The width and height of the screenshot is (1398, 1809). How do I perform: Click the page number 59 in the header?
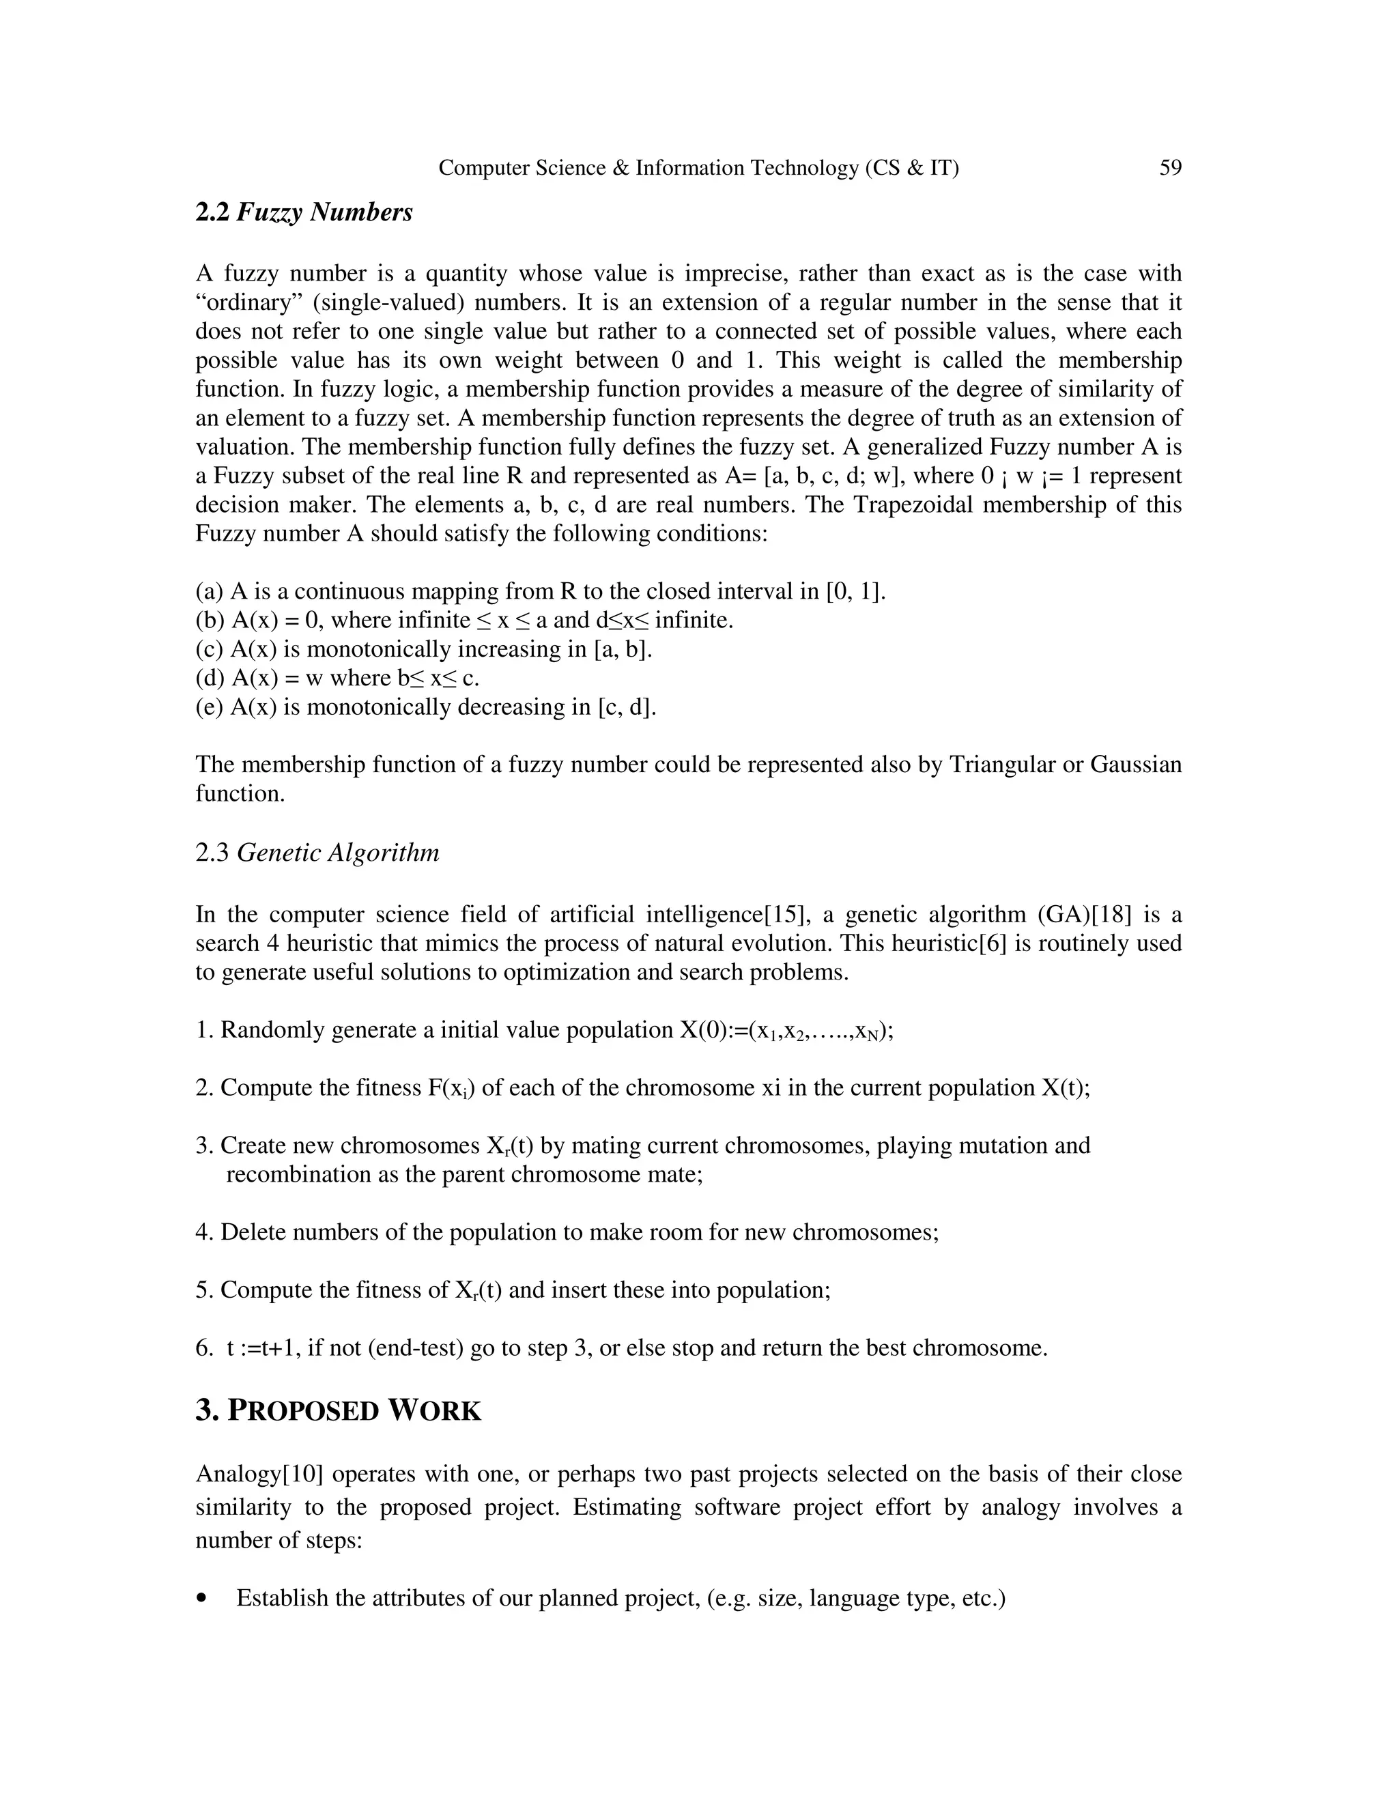1170,168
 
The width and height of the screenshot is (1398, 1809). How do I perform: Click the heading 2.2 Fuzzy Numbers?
304,213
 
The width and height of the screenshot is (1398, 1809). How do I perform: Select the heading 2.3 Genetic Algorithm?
317,853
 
